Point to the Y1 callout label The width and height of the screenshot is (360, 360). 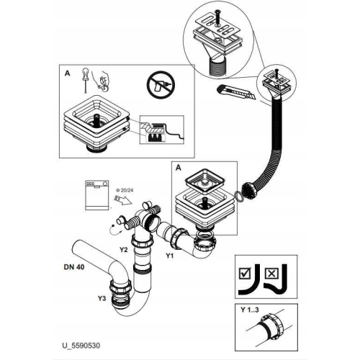point(170,256)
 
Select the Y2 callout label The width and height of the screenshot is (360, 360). point(124,249)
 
